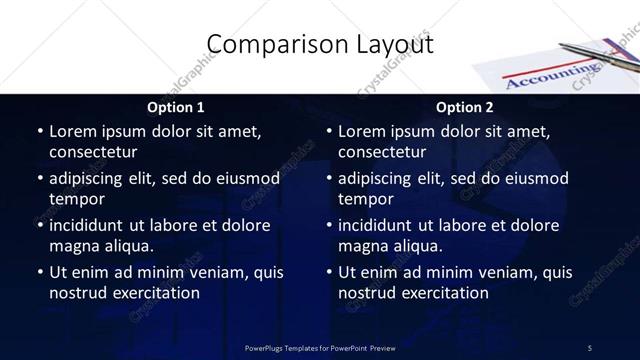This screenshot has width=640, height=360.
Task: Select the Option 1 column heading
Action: point(176,107)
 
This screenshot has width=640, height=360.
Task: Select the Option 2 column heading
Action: point(465,107)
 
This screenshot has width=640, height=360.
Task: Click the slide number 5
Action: point(590,347)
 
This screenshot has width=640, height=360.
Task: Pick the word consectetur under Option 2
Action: point(382,152)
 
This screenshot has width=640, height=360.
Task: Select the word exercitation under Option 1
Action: point(154,293)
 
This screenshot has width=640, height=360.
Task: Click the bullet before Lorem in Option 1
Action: point(40,131)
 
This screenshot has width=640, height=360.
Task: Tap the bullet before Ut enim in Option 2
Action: point(329,272)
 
